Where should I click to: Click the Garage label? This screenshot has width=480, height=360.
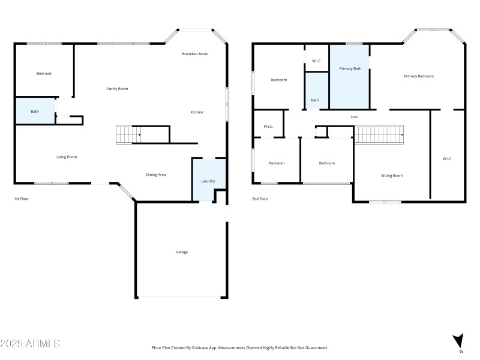click(x=181, y=252)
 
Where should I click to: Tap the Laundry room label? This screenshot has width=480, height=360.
click(x=208, y=181)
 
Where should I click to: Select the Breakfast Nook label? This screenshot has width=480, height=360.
click(x=195, y=54)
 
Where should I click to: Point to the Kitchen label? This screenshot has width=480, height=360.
click(x=196, y=112)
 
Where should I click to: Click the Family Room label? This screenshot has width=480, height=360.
click(x=117, y=89)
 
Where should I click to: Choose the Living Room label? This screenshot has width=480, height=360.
click(x=67, y=157)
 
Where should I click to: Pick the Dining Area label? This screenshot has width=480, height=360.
click(x=156, y=175)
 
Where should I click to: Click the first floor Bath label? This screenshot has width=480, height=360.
click(x=35, y=111)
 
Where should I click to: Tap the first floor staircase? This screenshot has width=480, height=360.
click(x=128, y=135)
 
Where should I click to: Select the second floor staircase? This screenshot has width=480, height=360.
click(x=379, y=135)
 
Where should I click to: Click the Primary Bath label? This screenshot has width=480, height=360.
click(x=350, y=68)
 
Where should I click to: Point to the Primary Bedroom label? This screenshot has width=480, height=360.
click(x=418, y=76)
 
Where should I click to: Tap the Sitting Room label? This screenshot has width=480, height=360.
click(x=392, y=176)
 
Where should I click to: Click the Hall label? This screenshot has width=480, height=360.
click(x=354, y=116)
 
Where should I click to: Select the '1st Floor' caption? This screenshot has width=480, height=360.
click(x=22, y=199)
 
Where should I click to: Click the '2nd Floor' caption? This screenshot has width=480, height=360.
click(x=260, y=199)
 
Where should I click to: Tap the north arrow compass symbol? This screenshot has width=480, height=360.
click(x=458, y=340)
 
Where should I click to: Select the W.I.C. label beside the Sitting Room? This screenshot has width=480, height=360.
click(x=447, y=158)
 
